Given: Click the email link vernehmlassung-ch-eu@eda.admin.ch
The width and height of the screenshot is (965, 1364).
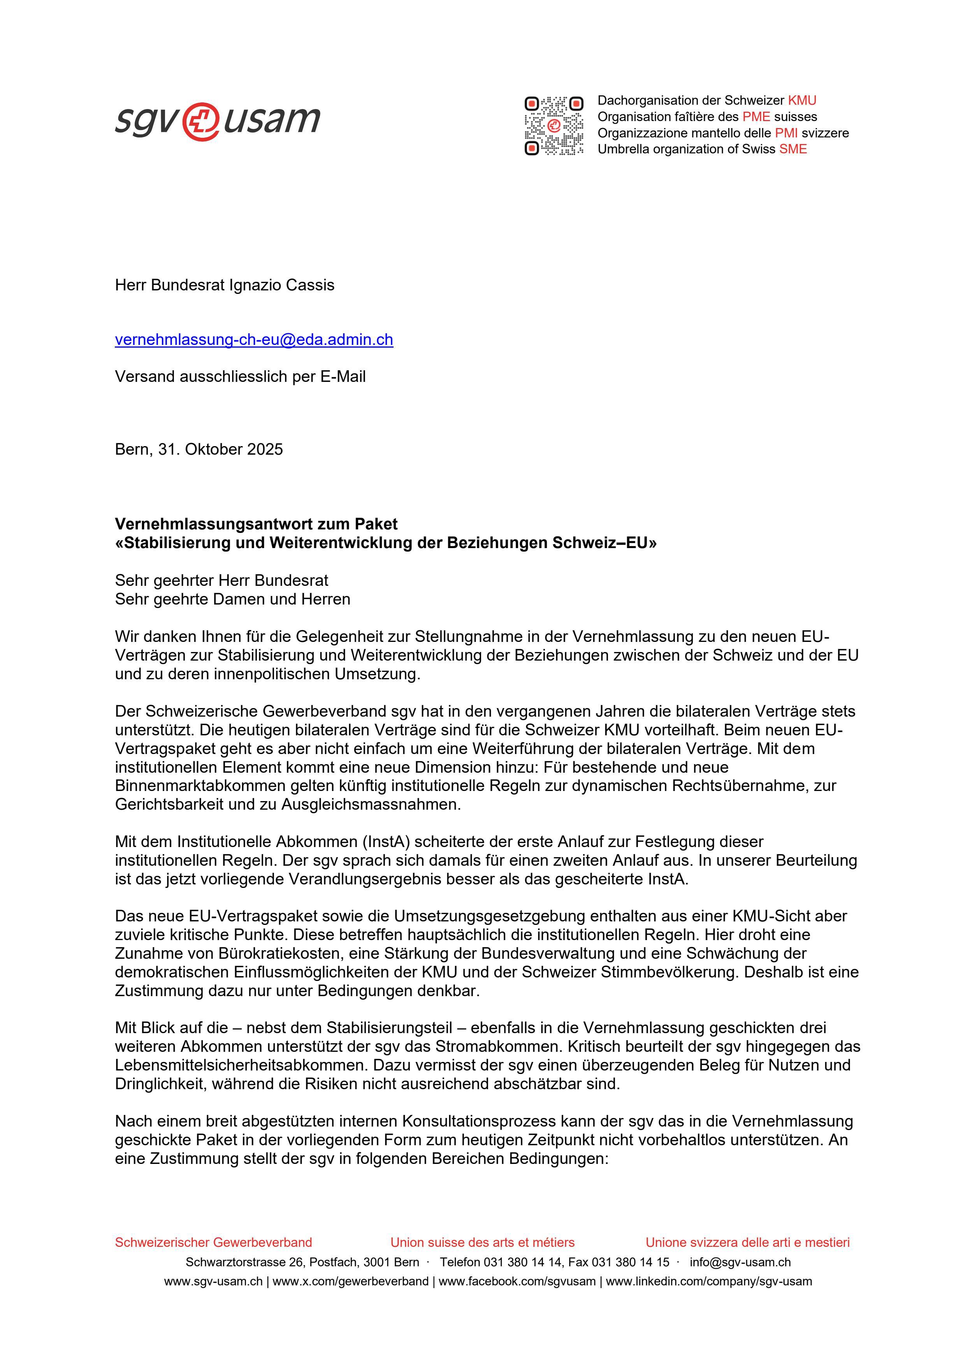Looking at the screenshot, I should [x=254, y=340].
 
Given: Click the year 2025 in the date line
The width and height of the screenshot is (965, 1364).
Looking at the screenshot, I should [x=265, y=449].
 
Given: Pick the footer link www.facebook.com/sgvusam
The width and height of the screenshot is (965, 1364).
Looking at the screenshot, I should [x=517, y=1281].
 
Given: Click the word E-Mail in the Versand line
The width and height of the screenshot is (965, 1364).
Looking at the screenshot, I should [x=343, y=377].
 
